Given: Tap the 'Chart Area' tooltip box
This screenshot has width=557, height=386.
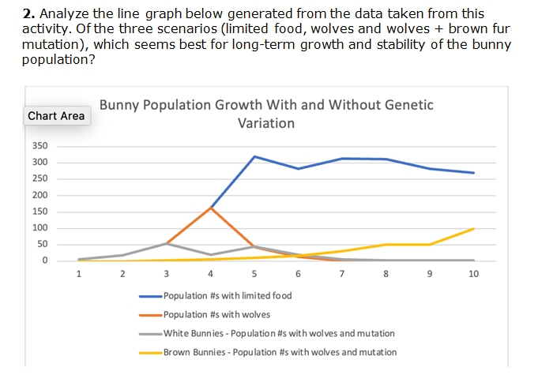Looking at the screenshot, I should point(56,116).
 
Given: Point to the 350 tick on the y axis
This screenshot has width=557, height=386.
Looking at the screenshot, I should point(40,146).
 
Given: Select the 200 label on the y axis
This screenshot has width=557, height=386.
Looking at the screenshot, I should point(40,195).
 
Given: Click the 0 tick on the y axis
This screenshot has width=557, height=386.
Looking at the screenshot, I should point(45,260).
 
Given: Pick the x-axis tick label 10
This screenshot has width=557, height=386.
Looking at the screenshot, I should point(473,274).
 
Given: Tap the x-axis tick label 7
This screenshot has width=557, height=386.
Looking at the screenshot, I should point(341,274).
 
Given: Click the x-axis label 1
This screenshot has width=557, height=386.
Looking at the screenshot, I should point(78,274).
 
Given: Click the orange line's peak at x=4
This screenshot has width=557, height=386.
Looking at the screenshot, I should point(210,208).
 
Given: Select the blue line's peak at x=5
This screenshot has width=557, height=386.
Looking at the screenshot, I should point(254,156).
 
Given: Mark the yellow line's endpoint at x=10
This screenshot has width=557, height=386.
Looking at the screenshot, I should point(473,229).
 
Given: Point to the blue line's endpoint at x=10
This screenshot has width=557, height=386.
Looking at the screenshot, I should point(473,173).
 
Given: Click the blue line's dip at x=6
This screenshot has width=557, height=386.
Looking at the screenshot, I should point(298,169).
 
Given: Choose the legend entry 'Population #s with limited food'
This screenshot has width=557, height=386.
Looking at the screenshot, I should point(227,296).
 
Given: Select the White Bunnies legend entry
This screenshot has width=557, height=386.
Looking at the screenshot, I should point(278,334).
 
